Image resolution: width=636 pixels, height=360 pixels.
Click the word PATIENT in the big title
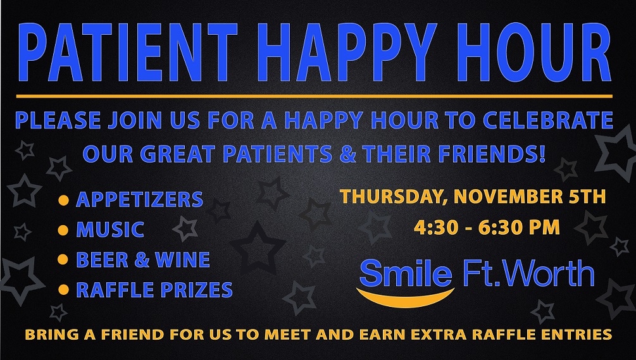pyautogui.click(x=128, y=53)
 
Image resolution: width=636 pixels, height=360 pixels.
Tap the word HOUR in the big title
pyautogui.click(x=533, y=53)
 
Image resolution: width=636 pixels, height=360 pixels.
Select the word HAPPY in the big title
pyautogui.click(x=346, y=53)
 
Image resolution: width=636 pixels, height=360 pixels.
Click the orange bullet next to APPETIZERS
pyautogui.click(x=63, y=200)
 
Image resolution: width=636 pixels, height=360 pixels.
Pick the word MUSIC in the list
pyautogui.click(x=110, y=230)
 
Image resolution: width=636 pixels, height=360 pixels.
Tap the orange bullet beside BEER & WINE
pyautogui.click(x=63, y=259)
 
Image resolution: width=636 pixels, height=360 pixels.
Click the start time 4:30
pyautogui.click(x=435, y=227)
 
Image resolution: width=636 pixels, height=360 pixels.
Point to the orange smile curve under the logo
pyautogui.click(x=405, y=301)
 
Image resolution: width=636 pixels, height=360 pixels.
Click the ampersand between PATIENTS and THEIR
pyautogui.click(x=347, y=154)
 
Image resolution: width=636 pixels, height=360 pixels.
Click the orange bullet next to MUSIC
pyautogui.click(x=63, y=230)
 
